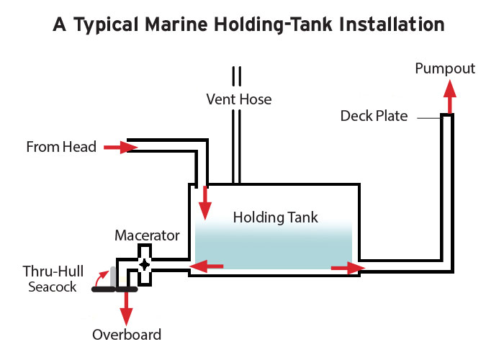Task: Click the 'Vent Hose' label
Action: click(x=238, y=99)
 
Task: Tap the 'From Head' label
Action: click(x=61, y=147)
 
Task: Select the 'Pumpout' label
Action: click(x=445, y=68)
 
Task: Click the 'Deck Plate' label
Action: click(x=374, y=116)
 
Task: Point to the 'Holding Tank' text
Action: click(x=275, y=217)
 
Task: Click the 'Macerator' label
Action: click(x=147, y=235)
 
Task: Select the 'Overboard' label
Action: click(x=127, y=334)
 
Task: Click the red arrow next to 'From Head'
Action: click(x=120, y=147)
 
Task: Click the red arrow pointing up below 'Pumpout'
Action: click(x=451, y=96)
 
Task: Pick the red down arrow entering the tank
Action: click(x=206, y=201)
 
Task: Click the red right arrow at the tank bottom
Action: click(x=348, y=269)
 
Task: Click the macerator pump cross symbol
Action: click(x=145, y=264)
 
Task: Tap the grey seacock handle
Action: click(x=114, y=275)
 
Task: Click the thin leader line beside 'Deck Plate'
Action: click(x=426, y=117)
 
